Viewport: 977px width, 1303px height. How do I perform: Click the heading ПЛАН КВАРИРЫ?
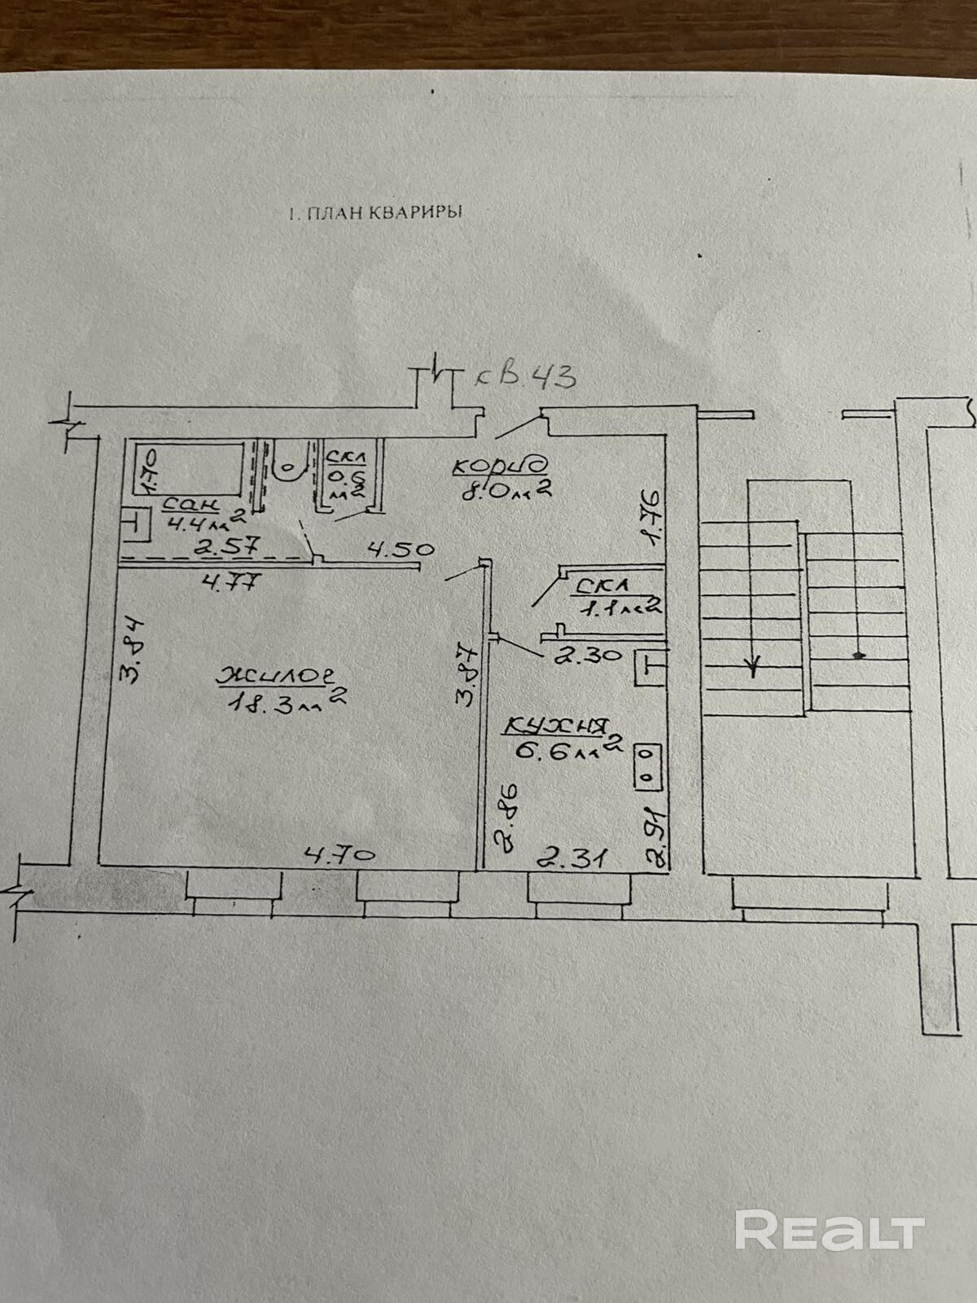[x=375, y=214]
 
